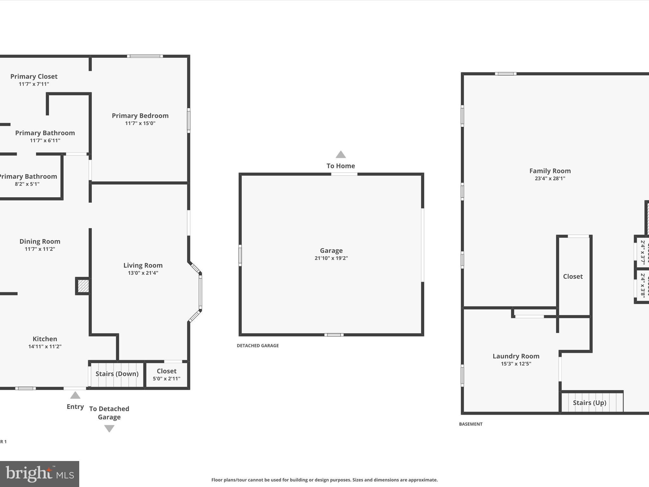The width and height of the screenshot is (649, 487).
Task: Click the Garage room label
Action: coord(331,250)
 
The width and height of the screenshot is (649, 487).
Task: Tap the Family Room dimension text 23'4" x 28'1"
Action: coord(550,179)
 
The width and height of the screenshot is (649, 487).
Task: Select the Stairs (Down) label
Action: coord(117,374)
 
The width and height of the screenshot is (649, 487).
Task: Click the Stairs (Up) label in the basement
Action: coord(589,403)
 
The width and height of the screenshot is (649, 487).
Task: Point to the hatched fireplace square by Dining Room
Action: coord(83,286)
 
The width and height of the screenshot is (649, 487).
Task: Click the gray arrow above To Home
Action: coord(341,155)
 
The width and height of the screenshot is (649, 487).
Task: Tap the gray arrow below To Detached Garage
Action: coord(109,428)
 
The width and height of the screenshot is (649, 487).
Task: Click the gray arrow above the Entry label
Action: coord(75,395)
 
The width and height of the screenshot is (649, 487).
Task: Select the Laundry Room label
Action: coord(516,356)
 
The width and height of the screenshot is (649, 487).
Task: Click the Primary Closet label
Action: coord(34,76)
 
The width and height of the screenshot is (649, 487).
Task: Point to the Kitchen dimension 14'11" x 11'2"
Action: coord(45,347)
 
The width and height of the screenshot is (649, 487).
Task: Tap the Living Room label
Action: coord(143,265)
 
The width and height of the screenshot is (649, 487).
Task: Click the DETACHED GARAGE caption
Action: coord(258,346)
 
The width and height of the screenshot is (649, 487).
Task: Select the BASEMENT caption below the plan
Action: coord(471,424)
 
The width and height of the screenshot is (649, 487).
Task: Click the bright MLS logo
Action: coord(40,474)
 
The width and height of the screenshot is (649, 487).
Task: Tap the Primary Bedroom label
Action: coord(140,116)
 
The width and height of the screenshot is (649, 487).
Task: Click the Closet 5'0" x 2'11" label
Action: coord(166,371)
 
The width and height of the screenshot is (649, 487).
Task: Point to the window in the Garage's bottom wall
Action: coord(334,335)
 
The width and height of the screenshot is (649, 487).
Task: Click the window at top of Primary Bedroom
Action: coord(145,56)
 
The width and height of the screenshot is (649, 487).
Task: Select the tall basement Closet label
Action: coord(573,276)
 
